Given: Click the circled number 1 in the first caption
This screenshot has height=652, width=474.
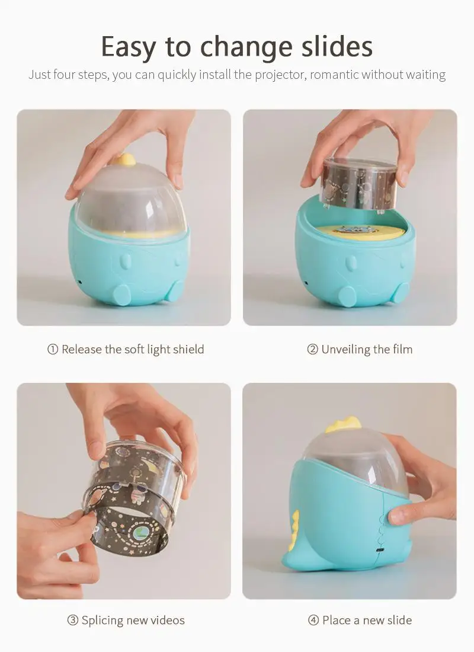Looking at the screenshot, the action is [53, 349].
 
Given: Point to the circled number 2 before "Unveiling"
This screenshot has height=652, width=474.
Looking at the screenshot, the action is [312, 349].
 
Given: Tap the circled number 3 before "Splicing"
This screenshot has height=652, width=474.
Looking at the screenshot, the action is [73, 621].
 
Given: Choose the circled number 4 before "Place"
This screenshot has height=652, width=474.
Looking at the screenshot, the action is [313, 621].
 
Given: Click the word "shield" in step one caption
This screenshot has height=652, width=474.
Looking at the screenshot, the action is [188, 349].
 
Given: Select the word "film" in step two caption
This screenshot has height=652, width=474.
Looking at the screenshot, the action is [402, 349].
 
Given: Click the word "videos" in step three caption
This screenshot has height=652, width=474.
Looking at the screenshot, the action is [168, 621].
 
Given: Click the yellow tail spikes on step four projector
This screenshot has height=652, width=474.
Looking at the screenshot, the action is [294, 526].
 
